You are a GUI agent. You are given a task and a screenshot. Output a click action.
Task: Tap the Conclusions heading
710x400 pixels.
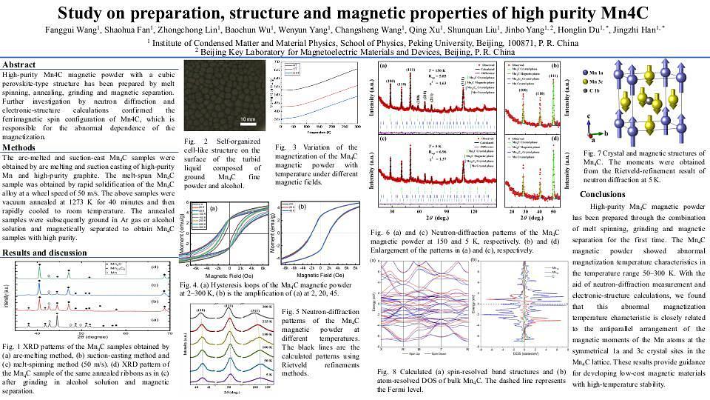(x=602, y=194)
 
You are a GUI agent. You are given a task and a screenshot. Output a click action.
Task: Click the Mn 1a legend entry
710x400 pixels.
(x=598, y=66)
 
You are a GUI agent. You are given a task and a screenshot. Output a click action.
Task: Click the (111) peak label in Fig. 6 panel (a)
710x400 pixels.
(x=410, y=72)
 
